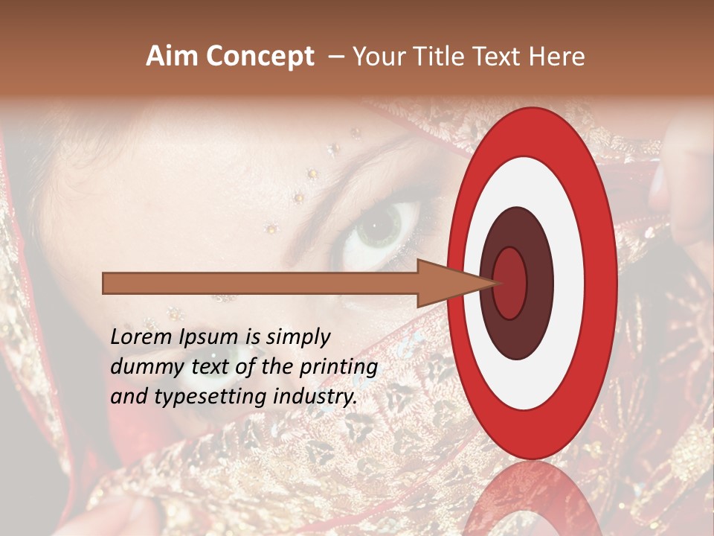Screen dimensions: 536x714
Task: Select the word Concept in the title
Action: (x=260, y=57)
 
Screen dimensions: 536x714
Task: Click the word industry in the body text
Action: (x=312, y=398)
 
